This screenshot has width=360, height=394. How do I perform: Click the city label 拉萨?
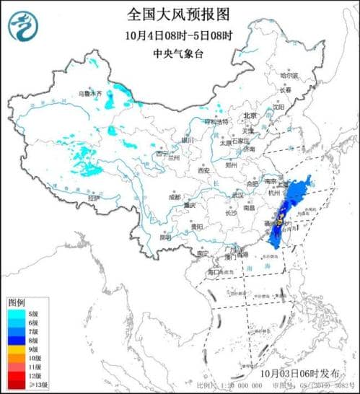[x=93, y=197]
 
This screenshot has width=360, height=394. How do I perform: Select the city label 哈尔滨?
[x=289, y=75]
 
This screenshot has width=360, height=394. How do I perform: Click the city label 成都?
[x=175, y=196]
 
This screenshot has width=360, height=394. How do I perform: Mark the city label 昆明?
[x=166, y=237]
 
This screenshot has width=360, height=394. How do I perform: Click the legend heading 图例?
[x=17, y=301]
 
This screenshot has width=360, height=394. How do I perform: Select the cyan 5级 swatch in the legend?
[x=17, y=312]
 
